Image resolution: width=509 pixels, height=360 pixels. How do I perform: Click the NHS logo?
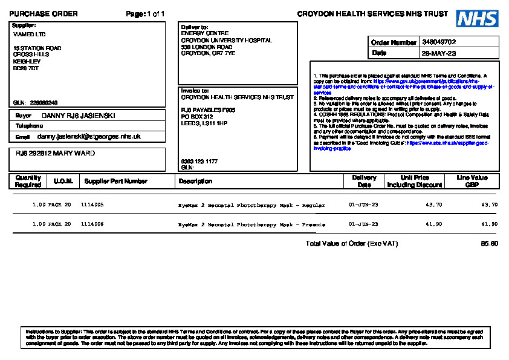coord(478,18)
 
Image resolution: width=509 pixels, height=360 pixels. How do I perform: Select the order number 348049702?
coord(439,42)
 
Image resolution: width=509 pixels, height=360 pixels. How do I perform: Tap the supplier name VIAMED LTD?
coord(29,34)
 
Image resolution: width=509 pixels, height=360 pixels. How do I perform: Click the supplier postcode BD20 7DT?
coord(26,68)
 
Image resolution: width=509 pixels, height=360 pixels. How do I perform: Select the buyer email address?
coord(89,137)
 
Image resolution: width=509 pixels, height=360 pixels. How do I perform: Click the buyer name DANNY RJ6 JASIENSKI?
coord(78,116)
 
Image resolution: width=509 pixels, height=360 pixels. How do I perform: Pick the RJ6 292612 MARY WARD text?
coord(55,154)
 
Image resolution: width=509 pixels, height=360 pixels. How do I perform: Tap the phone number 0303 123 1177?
coord(199,162)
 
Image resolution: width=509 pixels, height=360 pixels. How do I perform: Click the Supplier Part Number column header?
coord(115,181)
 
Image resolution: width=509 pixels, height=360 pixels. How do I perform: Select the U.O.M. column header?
coord(63,181)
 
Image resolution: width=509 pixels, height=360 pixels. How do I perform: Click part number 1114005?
coord(92,205)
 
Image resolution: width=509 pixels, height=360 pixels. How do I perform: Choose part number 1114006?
coord(92,224)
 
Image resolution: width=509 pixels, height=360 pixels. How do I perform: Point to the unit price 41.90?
coord(433,224)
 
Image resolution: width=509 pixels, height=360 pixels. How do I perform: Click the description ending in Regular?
coord(251,205)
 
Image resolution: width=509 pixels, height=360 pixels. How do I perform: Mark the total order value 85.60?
coord(489,244)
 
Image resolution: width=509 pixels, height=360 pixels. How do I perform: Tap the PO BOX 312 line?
coord(197,116)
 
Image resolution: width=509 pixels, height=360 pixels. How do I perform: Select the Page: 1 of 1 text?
coord(145,14)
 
